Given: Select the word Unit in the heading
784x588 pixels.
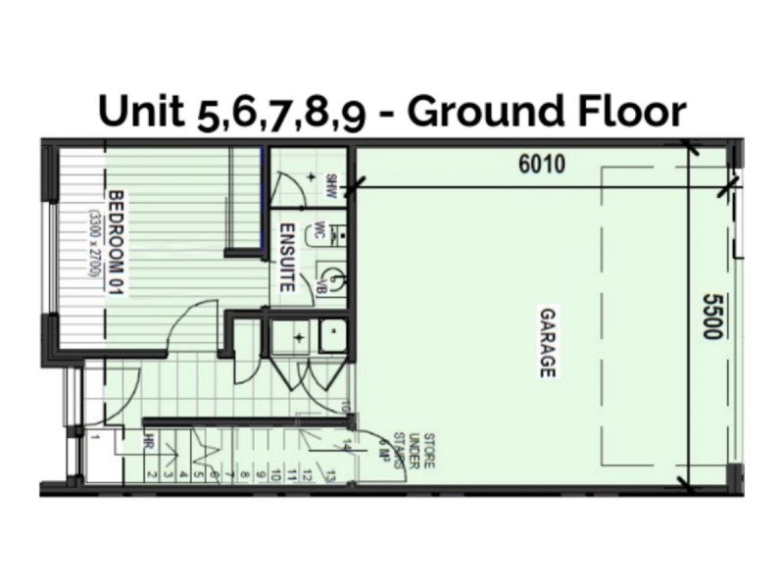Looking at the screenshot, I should point(143,113).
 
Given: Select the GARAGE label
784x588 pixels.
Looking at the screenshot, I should point(547,343).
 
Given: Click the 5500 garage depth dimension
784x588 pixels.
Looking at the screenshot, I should point(712,317).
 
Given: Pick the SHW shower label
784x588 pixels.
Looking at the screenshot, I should point(330,183).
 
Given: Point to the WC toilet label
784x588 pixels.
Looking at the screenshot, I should point(318,232).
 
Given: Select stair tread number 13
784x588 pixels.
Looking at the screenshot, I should point(333,476).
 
